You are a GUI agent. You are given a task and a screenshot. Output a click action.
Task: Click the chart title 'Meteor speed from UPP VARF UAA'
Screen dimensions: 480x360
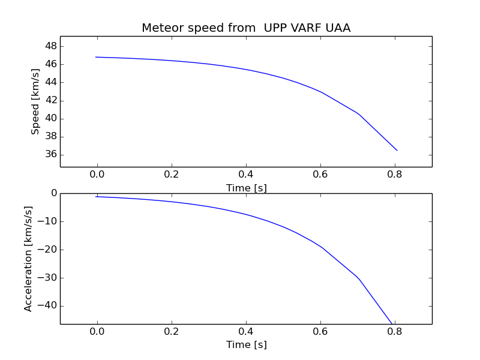(246, 28)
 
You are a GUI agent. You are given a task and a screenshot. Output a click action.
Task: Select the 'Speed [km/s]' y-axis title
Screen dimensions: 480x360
(35, 101)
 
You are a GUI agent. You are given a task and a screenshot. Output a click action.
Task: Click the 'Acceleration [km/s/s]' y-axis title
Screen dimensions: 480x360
(28, 259)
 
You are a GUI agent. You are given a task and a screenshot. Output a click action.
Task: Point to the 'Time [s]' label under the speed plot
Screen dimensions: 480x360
(247, 188)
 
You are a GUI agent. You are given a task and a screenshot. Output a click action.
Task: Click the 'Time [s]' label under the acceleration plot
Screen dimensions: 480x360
(247, 344)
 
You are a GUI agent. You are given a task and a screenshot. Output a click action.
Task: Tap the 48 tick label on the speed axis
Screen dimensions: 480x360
(51, 46)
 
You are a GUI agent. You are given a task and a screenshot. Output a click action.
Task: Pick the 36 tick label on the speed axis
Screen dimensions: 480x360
(51, 154)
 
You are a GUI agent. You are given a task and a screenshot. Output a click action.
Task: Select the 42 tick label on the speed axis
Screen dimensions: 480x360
(51, 100)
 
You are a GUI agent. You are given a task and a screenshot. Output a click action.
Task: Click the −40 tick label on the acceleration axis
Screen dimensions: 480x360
(47, 305)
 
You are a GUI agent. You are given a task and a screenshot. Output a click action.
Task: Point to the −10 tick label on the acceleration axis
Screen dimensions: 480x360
(47, 221)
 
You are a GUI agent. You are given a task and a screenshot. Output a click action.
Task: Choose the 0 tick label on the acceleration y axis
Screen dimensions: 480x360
(54, 193)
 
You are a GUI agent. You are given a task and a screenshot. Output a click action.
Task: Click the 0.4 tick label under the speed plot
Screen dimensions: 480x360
(246, 175)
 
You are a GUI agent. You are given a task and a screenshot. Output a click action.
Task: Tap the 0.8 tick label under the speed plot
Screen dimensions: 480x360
(395, 175)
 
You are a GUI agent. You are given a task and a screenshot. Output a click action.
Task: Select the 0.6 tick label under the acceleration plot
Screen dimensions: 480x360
(320, 332)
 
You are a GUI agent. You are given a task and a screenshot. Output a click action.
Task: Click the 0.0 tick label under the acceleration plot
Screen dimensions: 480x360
(97, 332)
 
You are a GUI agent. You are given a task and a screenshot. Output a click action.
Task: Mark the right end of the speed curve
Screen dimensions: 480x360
(397, 151)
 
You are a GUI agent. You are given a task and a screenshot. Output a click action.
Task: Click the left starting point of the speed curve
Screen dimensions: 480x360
(96, 57)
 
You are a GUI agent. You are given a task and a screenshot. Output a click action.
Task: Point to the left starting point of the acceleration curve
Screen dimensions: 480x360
(96, 197)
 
